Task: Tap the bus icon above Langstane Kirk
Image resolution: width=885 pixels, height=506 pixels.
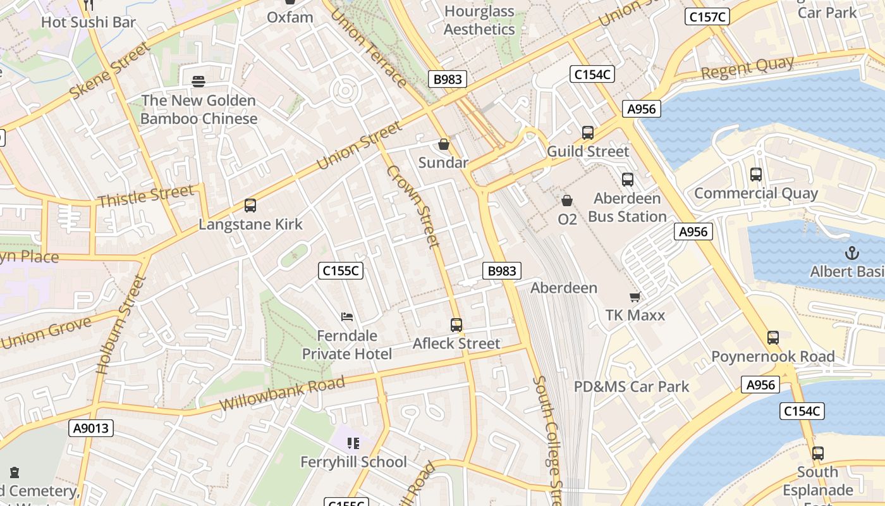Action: (x=250, y=206)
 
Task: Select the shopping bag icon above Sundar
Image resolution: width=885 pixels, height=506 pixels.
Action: (x=444, y=144)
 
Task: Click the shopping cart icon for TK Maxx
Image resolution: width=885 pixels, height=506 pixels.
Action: (x=635, y=297)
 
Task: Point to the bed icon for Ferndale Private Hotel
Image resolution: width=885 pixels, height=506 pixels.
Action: (x=346, y=317)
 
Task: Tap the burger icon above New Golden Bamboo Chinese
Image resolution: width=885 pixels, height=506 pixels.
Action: (x=198, y=82)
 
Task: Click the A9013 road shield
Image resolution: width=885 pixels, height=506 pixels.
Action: (x=91, y=428)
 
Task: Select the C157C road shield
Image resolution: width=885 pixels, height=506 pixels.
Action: (x=708, y=16)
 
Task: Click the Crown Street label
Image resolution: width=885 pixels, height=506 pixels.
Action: (x=413, y=206)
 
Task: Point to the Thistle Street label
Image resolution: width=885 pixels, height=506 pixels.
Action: (x=145, y=195)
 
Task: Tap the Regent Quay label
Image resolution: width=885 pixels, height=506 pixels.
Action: (x=747, y=68)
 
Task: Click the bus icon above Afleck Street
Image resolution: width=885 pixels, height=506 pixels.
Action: (x=456, y=325)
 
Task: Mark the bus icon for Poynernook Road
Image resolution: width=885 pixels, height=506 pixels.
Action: (x=773, y=338)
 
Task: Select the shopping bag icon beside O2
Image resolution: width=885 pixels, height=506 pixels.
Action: (x=567, y=201)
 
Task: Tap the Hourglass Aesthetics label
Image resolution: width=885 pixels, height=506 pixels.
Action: (x=479, y=20)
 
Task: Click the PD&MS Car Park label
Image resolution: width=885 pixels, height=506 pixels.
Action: (x=632, y=386)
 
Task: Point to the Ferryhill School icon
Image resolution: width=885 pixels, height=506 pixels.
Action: (x=353, y=443)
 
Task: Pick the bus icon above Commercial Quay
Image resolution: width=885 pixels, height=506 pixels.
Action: (x=755, y=175)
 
